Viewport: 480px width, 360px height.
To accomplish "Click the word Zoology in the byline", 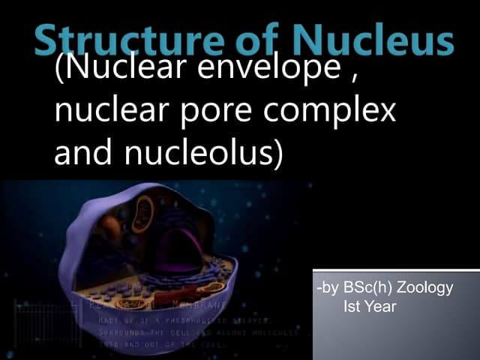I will pyautogui.click(x=426, y=288).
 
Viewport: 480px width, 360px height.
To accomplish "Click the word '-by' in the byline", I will pyautogui.click(x=328, y=288).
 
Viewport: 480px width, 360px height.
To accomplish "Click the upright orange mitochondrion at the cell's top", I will pyautogui.click(x=143, y=214).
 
